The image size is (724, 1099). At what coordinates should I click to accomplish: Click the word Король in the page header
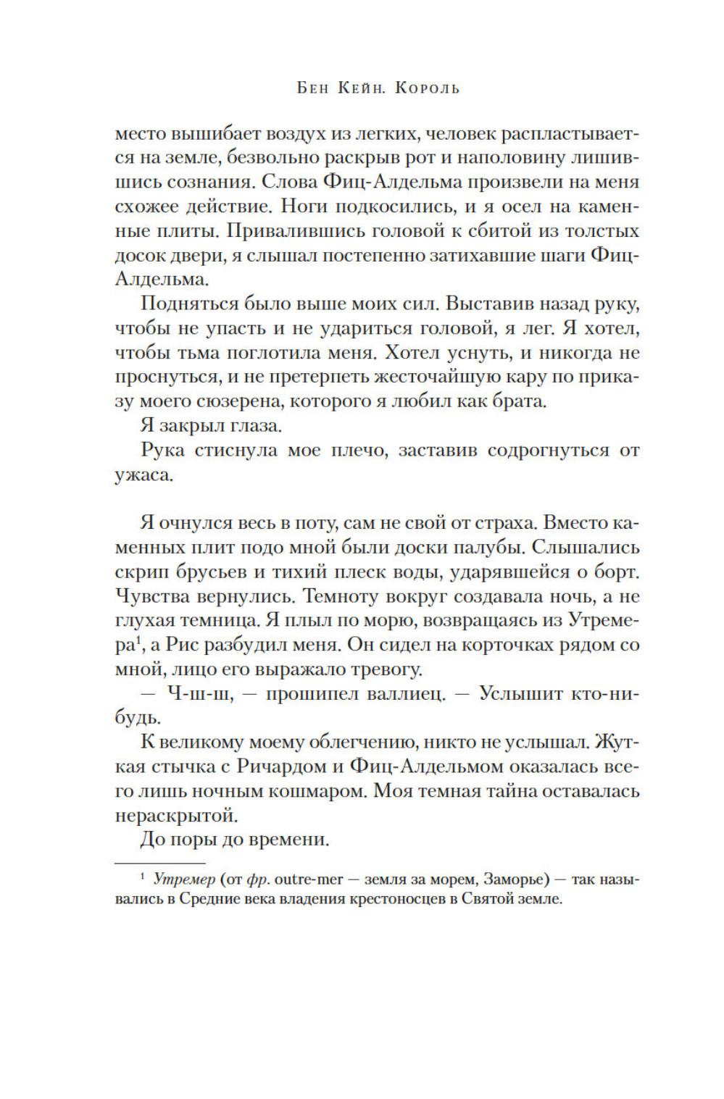click(x=428, y=88)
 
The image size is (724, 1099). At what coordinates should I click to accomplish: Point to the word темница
click(x=217, y=619)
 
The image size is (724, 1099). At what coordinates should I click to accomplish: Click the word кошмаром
click(x=327, y=790)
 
